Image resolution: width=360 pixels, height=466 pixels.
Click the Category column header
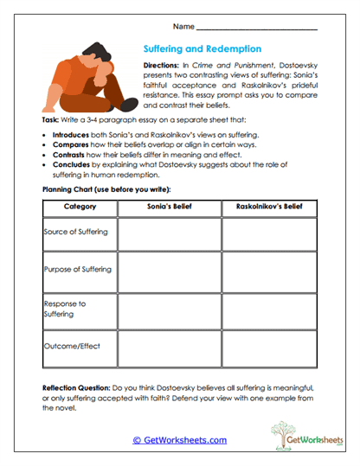point(80,207)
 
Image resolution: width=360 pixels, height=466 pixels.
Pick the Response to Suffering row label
point(65,310)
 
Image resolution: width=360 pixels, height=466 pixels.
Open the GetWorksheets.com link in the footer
point(180,440)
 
